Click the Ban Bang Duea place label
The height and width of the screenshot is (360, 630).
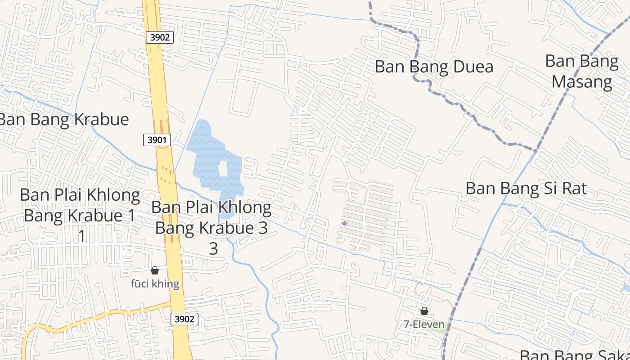click(434, 67)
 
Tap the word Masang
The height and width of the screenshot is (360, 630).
click(581, 82)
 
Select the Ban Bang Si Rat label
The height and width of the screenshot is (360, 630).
click(526, 188)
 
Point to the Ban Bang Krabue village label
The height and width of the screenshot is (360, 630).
click(64, 119)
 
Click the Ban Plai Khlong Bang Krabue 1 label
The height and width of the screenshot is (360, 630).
click(80, 206)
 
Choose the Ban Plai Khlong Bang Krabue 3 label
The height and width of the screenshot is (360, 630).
click(211, 217)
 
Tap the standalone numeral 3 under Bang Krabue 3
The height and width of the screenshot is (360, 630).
click(213, 248)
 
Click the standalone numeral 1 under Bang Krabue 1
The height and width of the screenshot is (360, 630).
click(82, 236)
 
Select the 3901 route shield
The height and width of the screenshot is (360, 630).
click(157, 140)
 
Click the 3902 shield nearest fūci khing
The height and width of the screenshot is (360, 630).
click(184, 319)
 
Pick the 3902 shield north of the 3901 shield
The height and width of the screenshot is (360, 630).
click(160, 37)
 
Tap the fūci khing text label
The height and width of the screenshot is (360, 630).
click(155, 284)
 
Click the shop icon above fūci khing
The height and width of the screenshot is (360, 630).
click(155, 270)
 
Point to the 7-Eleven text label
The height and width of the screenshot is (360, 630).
click(424, 324)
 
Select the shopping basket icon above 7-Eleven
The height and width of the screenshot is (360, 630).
click(424, 311)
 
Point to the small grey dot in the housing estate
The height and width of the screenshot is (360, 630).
click(344, 223)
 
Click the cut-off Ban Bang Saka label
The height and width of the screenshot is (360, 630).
click(574, 355)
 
